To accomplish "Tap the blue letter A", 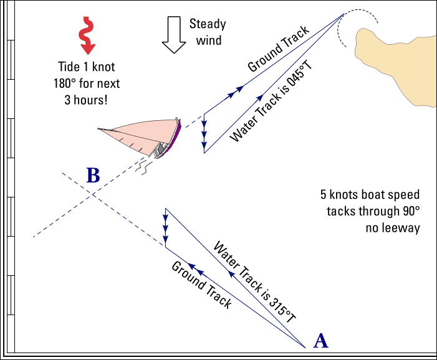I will pos(320,340).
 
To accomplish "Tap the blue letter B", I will pos(93,176).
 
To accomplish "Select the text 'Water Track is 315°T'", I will pos(255,281).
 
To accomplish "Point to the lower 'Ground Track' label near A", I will pos(201,285).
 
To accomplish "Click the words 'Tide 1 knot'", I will pos(86,67).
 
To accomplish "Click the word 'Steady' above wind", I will pos(208,25).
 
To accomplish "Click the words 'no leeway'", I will pos(392,227).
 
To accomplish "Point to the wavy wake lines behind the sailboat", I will pos(145,167).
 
